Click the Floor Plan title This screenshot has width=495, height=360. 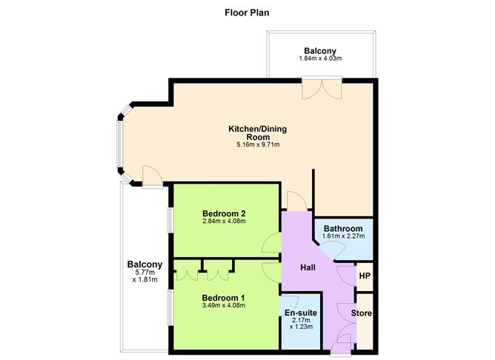click(x=247, y=13)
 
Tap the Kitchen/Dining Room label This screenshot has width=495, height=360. click(x=257, y=133)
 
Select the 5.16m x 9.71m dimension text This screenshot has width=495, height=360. click(x=257, y=145)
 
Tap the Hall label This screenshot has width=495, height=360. click(x=309, y=267)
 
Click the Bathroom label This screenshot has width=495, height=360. click(x=343, y=228)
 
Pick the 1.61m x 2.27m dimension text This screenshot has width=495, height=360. click(x=343, y=236)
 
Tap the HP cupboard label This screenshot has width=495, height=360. click(x=364, y=276)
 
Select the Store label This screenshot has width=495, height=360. click(x=362, y=313)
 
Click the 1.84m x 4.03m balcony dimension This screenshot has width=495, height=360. click(x=322, y=59)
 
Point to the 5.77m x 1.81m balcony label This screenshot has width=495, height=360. click(x=144, y=275)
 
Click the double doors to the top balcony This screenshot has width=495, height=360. click(x=322, y=87)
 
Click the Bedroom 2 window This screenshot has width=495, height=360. click(x=169, y=220)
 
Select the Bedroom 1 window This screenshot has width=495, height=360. click(x=169, y=305)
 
